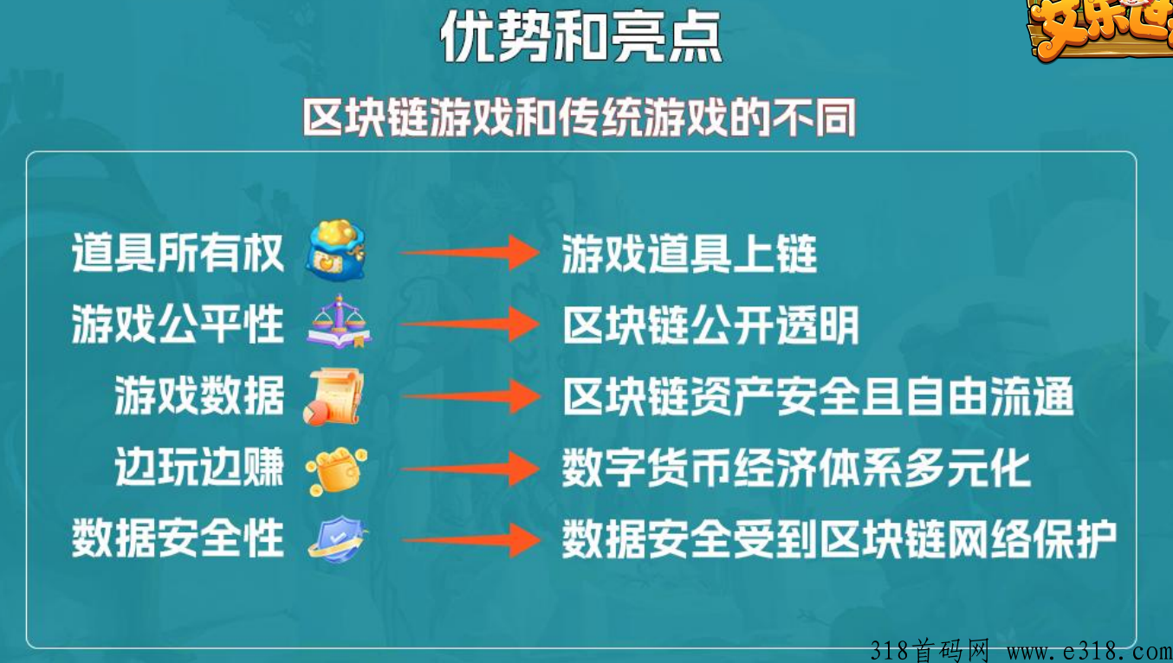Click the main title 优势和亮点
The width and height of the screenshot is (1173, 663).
(x=581, y=36)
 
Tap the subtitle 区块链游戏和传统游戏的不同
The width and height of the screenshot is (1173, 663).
(x=580, y=117)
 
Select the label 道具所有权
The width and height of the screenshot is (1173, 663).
(x=178, y=253)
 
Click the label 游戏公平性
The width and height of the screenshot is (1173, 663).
(x=178, y=325)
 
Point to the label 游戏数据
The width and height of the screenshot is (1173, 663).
(x=199, y=396)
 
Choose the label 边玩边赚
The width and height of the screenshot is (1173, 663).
(x=199, y=467)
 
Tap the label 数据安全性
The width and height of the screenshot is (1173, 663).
(x=178, y=538)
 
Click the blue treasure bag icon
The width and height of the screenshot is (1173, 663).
(x=336, y=251)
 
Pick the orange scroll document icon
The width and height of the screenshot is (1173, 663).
(x=334, y=396)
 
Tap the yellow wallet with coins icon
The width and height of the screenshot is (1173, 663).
(x=336, y=471)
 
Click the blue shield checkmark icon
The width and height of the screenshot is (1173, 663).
(x=338, y=539)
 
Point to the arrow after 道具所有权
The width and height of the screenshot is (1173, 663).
(x=470, y=253)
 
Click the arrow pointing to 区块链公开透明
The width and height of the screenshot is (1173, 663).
(x=470, y=325)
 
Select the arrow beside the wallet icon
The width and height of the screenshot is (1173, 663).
(x=470, y=468)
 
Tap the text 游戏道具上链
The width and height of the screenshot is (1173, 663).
(x=690, y=254)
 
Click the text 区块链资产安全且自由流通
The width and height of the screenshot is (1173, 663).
(x=819, y=396)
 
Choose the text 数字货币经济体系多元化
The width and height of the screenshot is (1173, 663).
(x=796, y=468)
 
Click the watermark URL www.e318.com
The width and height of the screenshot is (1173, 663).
(x=1089, y=652)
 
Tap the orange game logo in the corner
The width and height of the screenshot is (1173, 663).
(x=1099, y=29)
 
